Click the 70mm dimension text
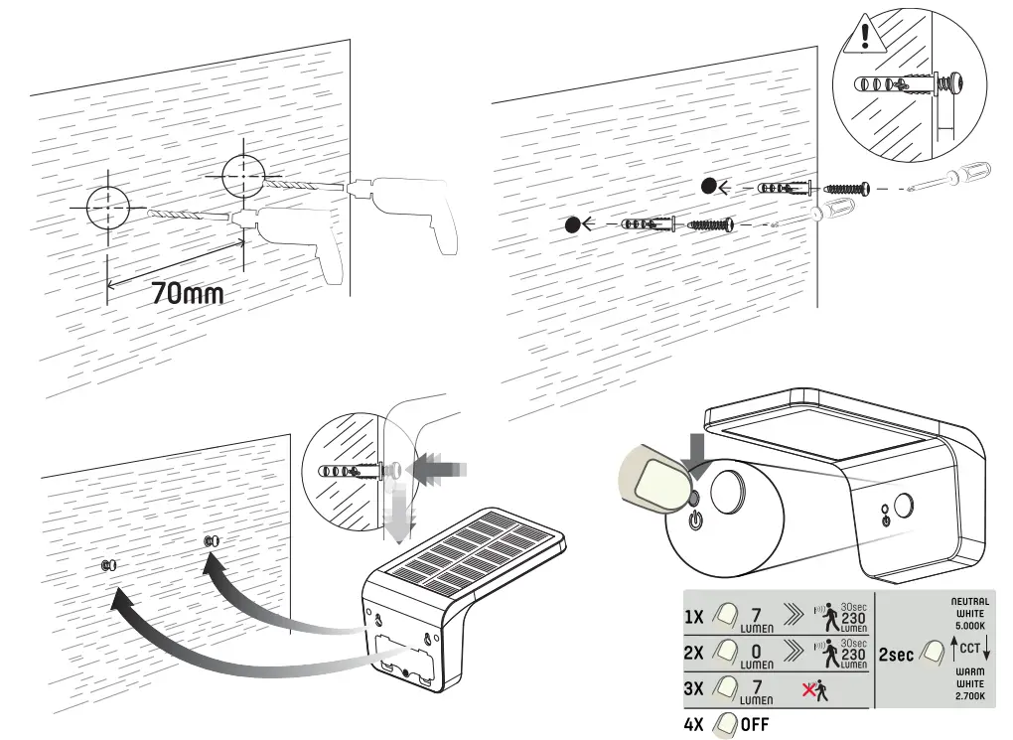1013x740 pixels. click(187, 294)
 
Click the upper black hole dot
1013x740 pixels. click(709, 186)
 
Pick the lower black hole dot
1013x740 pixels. click(573, 224)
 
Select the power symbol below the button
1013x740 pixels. click(695, 520)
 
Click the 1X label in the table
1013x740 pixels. click(694, 617)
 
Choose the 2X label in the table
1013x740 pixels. click(694, 655)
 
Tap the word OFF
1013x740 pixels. click(755, 724)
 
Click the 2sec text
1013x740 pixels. click(897, 656)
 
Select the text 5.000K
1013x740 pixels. click(969, 627)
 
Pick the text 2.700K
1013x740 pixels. click(969, 695)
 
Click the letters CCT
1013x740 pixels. click(970, 649)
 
